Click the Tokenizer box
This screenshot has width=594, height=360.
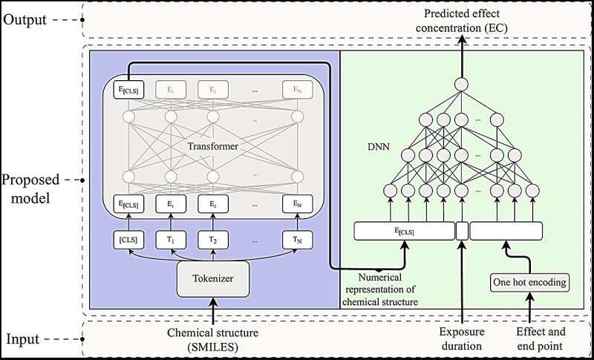[212, 281]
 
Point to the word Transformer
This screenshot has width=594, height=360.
[214, 147]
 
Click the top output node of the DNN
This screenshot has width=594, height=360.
[461, 83]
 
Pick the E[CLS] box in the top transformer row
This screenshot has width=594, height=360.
[128, 91]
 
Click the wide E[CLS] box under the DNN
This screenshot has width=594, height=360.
[403, 232]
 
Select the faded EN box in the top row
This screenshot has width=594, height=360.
[298, 91]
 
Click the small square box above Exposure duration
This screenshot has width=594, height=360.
[461, 232]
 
